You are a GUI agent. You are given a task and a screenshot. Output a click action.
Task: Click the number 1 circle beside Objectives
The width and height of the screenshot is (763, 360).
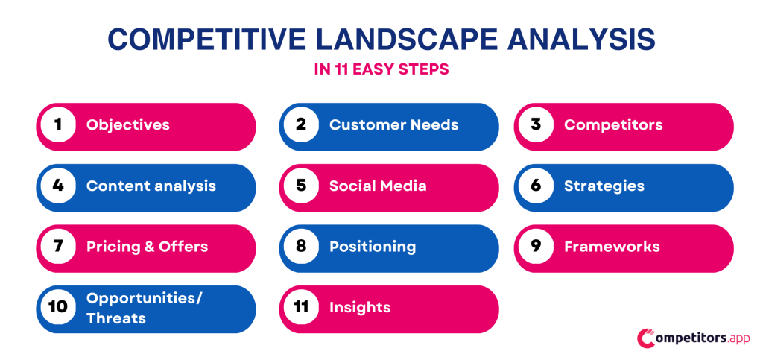point(57,125)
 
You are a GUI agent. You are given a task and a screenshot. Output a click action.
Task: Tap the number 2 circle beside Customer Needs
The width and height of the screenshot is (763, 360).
point(301,125)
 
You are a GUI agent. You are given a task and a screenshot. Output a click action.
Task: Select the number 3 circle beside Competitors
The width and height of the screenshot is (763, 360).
point(536,125)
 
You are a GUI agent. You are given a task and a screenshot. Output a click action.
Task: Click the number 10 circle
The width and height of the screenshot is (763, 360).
point(57,308)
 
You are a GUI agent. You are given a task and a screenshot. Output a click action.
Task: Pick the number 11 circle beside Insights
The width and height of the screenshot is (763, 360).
point(301,308)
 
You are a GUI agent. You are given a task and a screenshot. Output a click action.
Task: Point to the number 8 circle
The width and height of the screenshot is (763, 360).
point(301,247)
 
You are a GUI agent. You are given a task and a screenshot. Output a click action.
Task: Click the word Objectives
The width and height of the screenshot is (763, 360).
point(127,125)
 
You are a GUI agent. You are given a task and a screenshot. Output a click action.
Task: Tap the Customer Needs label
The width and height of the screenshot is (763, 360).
point(393,125)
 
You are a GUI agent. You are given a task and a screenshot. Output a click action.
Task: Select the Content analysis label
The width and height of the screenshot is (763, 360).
point(151,186)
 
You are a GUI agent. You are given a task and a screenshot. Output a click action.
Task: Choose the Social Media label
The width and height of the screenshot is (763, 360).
point(378,186)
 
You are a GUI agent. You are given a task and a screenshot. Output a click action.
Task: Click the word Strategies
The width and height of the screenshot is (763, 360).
point(604,186)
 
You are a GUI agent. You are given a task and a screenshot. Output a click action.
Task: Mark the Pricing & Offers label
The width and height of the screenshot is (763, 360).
point(147,247)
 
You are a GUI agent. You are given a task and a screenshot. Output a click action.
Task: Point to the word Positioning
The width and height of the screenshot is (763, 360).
point(373,247)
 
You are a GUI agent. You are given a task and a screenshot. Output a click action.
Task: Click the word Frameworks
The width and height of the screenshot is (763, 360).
point(612,247)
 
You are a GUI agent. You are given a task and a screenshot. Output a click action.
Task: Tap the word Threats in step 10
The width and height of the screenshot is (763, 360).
point(115,318)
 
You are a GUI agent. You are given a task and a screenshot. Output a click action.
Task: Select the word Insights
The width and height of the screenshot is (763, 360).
point(360,308)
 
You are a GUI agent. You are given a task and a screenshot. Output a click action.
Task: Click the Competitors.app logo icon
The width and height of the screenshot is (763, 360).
point(646,338)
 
